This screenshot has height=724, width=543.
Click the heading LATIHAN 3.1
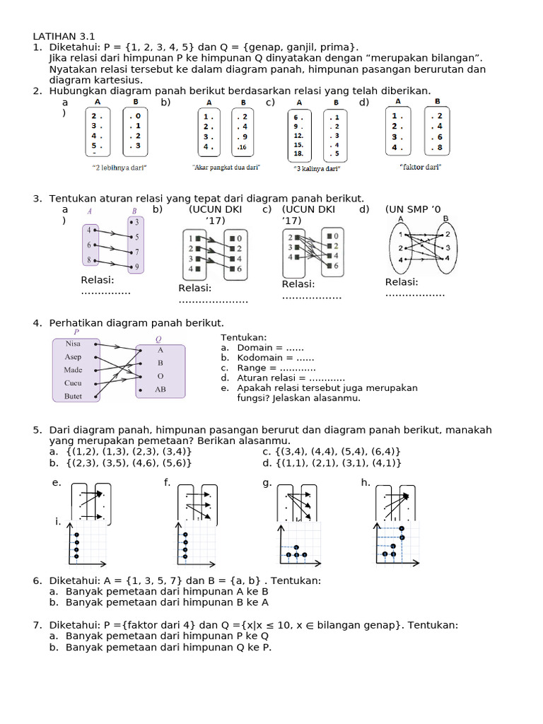[x=64, y=36]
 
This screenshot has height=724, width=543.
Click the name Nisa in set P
[x=73, y=344]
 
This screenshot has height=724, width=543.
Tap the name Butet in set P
[x=74, y=396]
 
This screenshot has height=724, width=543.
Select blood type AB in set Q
[x=160, y=389]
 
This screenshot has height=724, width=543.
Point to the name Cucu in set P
[x=74, y=383]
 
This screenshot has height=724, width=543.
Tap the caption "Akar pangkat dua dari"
[x=226, y=168]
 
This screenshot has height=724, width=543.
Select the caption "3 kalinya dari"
[x=317, y=169]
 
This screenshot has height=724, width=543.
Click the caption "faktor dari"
[x=420, y=167]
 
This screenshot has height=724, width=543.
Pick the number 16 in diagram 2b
[x=243, y=148]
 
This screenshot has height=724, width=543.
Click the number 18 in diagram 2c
[x=299, y=153]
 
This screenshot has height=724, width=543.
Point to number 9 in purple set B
[x=136, y=267]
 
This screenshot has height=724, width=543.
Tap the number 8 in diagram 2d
[x=438, y=148]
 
